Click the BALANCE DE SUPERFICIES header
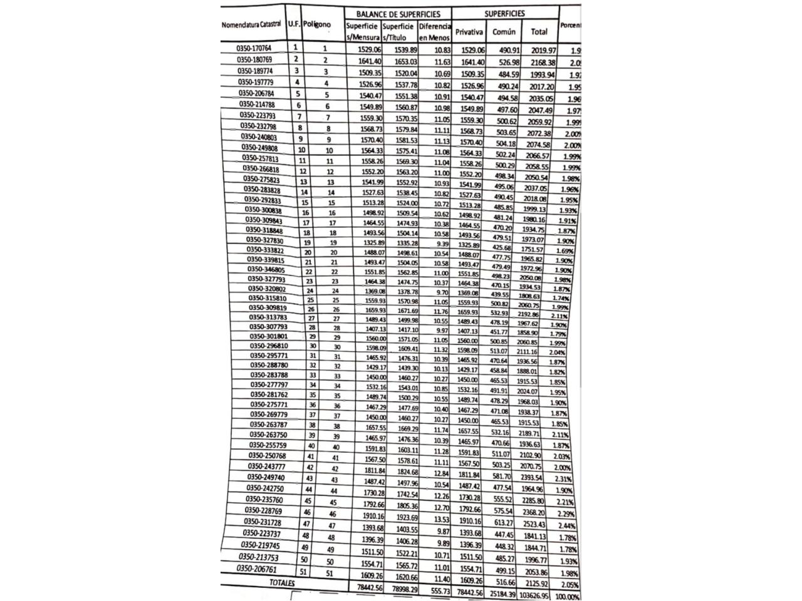coord(397,14)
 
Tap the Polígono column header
coord(316,24)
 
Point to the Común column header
coord(504,31)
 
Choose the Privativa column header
coord(469,31)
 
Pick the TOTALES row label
coord(281,583)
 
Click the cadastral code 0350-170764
coord(254,48)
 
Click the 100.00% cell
coord(567,597)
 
